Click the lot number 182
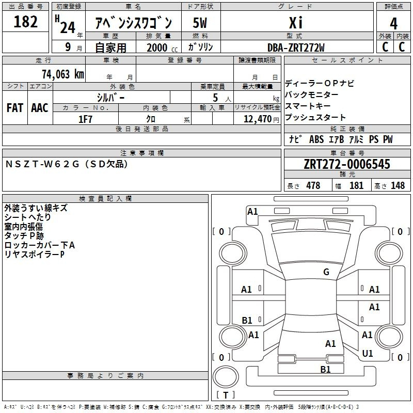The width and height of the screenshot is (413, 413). [26, 22]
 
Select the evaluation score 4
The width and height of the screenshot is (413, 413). [394, 24]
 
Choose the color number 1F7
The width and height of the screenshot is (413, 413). [85, 119]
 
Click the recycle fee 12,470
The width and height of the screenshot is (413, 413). [257, 119]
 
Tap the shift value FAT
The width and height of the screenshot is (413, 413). [15, 108]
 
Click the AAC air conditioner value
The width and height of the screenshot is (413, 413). [40, 108]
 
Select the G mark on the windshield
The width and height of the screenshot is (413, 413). [326, 272]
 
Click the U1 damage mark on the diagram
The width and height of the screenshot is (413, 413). [368, 354]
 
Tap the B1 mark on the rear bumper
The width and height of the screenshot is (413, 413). [325, 369]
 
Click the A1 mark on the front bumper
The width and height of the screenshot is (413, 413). [252, 211]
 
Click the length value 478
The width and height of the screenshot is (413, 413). [313, 185]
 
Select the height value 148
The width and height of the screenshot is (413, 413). [398, 185]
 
